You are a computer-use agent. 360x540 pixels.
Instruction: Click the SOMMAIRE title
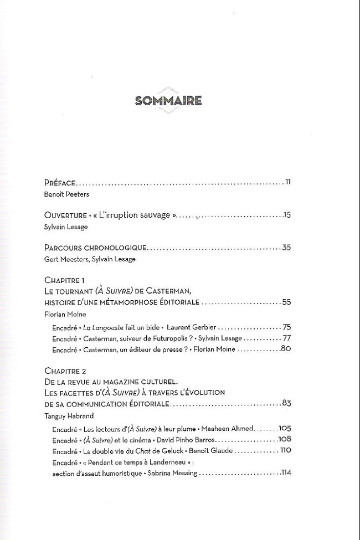point(168,100)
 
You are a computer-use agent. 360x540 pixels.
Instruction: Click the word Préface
point(59,182)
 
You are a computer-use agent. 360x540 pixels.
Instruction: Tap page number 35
point(286,247)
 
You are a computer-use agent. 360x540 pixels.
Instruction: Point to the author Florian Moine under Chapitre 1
point(63,315)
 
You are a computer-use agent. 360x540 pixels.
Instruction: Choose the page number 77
point(286,337)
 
